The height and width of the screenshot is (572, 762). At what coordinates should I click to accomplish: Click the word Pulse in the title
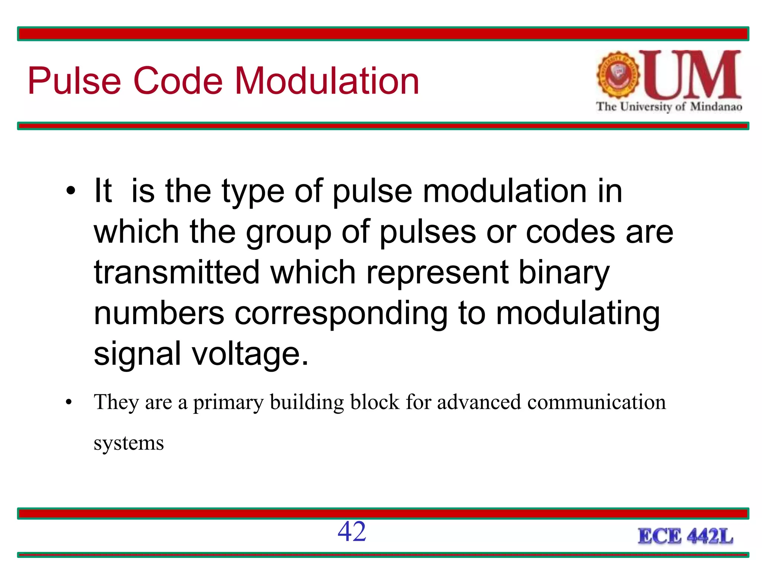pos(74,81)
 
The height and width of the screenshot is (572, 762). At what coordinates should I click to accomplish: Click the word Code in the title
pos(178,81)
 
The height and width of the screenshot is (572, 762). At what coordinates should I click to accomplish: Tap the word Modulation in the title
pos(327,81)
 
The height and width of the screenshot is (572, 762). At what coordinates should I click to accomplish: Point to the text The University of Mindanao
pos(669,107)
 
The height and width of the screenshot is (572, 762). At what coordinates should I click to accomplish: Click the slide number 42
pos(352,531)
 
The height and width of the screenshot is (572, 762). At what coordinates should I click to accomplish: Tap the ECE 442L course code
pos(685,537)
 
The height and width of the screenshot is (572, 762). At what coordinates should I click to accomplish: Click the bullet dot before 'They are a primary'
pos(68,403)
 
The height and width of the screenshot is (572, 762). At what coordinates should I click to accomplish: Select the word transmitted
pos(176,272)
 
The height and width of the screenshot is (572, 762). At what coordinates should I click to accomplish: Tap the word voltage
pos(250,354)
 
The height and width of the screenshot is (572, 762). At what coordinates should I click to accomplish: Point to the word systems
pos(129,443)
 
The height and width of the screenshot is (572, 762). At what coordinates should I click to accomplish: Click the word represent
pos(437,273)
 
